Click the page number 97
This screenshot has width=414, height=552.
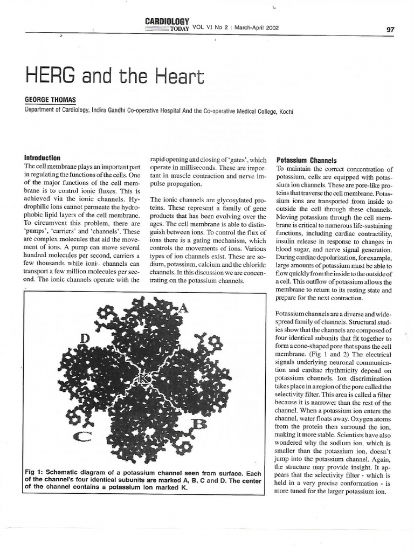390,30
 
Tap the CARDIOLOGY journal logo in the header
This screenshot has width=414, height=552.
167,22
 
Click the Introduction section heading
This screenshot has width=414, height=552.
43,158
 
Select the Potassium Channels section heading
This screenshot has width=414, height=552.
306,160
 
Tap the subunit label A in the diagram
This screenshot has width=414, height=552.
183,308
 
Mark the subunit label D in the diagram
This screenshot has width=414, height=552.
85,338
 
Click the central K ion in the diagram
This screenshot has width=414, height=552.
146,379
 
